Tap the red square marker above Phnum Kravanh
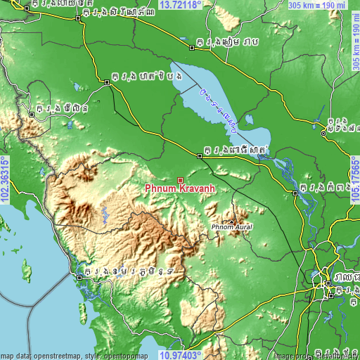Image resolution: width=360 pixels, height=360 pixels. pos(181,181)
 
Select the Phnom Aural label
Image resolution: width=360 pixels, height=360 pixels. pos(231,228)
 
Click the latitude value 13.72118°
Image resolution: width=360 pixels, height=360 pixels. pos(181,4)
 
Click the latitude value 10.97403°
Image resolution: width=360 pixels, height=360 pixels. pos(181,355)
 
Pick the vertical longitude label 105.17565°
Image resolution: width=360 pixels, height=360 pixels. pos(355,180)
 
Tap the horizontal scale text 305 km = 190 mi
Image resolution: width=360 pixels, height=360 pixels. pos(316,5)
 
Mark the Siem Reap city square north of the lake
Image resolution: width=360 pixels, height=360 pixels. pos(192,48)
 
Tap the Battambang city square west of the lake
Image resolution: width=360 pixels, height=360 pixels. pos(107,82)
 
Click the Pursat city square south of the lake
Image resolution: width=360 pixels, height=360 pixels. pos(200,157)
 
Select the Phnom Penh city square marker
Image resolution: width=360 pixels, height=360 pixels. pos(328,283)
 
